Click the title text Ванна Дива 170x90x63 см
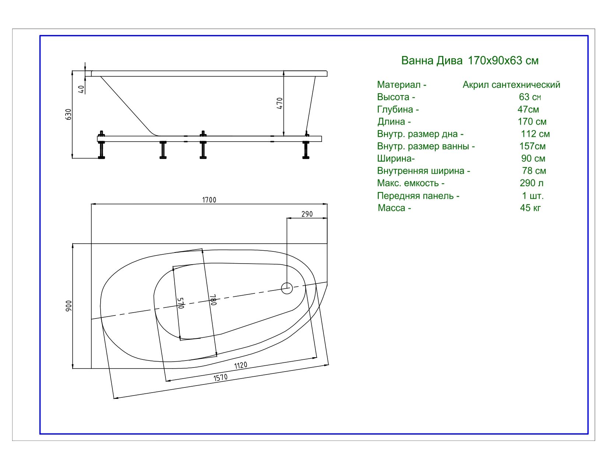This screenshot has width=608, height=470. [470, 60]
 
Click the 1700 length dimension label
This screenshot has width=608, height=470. [209, 200]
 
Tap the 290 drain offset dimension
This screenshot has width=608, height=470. [307, 214]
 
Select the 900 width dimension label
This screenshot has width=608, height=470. [69, 306]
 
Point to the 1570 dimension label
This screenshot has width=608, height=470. [220, 377]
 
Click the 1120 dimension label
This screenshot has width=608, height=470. [241, 365]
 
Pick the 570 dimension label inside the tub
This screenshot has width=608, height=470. [181, 303]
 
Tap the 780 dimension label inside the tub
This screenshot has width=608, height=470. [213, 300]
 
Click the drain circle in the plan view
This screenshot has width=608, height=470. [287, 288]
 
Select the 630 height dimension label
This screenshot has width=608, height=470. [68, 114]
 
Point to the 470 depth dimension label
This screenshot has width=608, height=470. [280, 103]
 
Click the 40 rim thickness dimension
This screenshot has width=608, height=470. [81, 89]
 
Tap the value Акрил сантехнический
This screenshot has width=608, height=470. [511, 84]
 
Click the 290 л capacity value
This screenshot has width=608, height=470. [532, 183]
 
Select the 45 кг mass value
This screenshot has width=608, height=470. [531, 208]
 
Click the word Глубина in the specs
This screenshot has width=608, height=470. [395, 109]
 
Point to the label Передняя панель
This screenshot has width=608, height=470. [415, 196]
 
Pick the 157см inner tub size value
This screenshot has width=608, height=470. [532, 146]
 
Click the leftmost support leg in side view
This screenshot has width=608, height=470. [102, 145]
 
